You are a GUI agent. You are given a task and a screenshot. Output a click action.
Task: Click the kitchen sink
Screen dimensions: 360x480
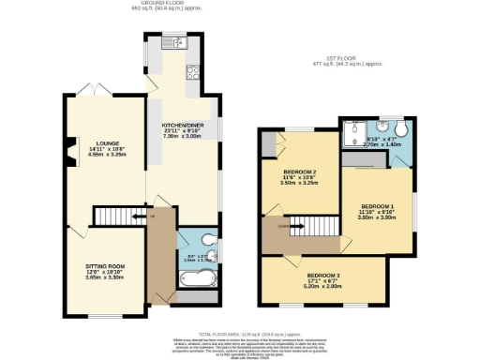[174, 42]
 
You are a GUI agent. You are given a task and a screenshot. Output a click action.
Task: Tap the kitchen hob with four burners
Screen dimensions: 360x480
[194, 73]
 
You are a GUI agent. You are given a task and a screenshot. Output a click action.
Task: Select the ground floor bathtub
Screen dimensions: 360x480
[197, 278]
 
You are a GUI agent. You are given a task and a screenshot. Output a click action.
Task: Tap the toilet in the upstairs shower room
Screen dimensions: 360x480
[403, 127]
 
